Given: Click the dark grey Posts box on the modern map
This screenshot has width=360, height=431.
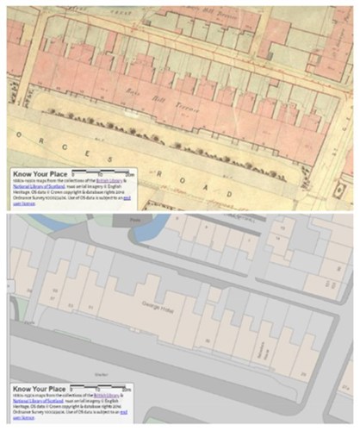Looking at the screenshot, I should coord(136,221).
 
